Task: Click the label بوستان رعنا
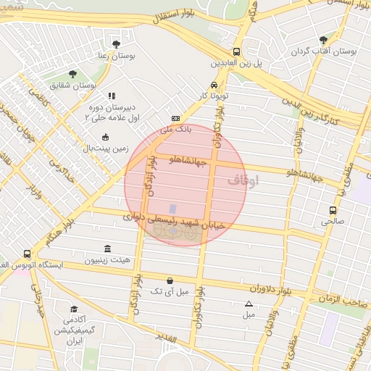[x=117, y=55]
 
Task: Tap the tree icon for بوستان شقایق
[x=72, y=74]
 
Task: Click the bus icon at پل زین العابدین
[x=237, y=51]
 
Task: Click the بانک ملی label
[x=176, y=129]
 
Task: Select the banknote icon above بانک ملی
[x=175, y=118]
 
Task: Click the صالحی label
[x=333, y=222]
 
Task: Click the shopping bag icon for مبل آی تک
[x=170, y=280]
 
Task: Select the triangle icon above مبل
[x=249, y=304]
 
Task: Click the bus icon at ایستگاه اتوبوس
[x=28, y=254]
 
